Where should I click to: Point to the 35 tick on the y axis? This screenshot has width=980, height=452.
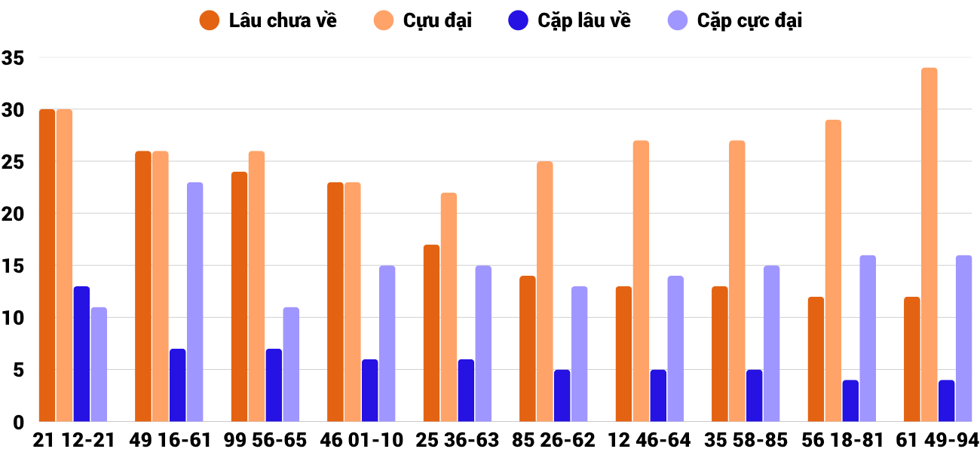point(14,58)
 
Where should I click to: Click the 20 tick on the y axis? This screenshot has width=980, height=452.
point(14,214)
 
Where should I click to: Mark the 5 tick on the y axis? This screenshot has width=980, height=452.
point(18,370)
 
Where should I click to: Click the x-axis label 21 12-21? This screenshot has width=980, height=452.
point(73,440)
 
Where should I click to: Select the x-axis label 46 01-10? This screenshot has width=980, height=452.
point(362,440)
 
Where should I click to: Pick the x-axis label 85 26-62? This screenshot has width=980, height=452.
point(553,440)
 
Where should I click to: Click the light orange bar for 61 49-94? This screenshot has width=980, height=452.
point(929,245)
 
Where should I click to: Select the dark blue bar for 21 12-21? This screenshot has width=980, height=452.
point(81,354)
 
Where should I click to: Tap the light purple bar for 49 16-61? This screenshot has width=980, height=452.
point(195,302)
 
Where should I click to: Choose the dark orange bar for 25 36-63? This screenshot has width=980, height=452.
point(431,333)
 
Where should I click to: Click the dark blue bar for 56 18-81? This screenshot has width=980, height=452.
point(850,401)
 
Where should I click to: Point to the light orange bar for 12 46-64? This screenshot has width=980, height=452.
point(641,281)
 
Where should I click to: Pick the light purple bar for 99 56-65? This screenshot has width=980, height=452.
point(291,365)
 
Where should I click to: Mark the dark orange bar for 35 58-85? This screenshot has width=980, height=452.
point(720,354)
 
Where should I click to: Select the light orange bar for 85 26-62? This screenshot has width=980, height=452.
point(544,292)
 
